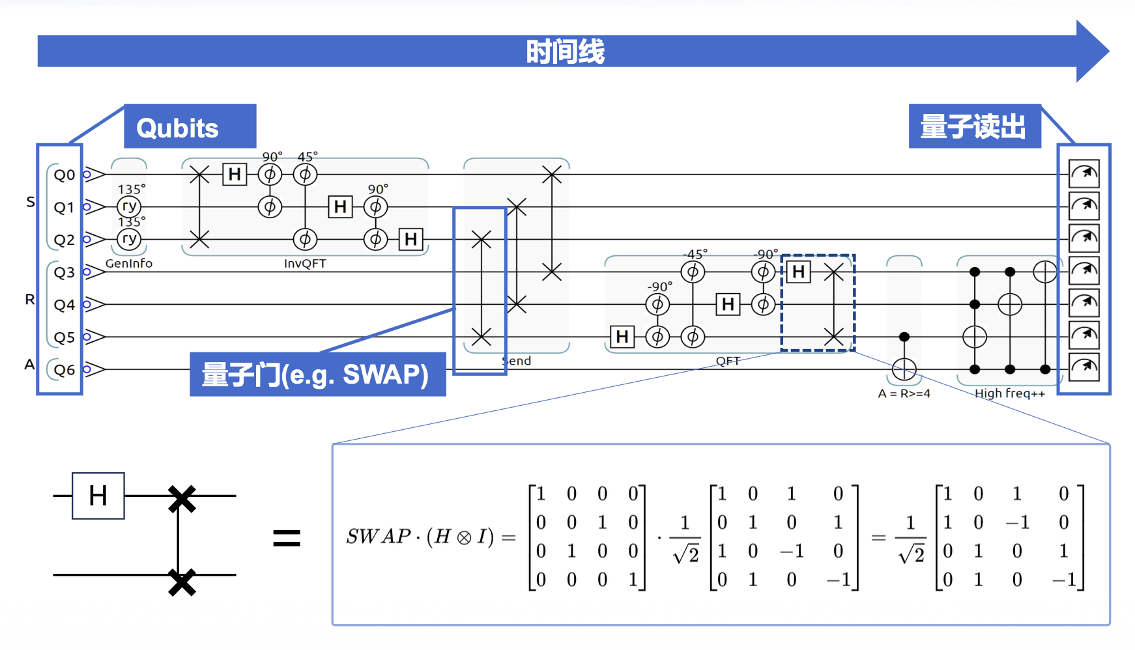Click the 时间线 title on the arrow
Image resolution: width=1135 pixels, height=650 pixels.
click(x=565, y=51)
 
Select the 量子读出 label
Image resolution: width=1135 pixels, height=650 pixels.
click(x=973, y=126)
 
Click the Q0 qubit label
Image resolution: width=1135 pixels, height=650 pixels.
click(x=65, y=175)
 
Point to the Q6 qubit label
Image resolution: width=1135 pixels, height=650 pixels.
click(x=65, y=370)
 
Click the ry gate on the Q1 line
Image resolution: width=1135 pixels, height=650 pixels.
click(x=129, y=206)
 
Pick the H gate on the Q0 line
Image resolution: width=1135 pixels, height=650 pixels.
click(x=235, y=174)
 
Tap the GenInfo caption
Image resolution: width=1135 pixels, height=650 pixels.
click(x=129, y=263)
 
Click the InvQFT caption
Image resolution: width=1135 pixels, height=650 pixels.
click(x=305, y=263)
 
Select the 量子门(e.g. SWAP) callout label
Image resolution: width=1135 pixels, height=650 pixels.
click(x=317, y=374)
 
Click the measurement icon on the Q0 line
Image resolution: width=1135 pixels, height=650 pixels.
click(x=1084, y=174)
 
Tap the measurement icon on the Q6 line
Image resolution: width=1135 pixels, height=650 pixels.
click(x=1084, y=367)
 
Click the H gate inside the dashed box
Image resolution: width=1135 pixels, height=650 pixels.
click(x=798, y=272)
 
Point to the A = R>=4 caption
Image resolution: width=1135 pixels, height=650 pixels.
click(x=904, y=393)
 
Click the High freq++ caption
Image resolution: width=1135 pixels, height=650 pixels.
click(x=1009, y=393)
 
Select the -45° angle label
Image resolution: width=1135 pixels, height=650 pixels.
click(x=695, y=254)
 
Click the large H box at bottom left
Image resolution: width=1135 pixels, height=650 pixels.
click(x=98, y=496)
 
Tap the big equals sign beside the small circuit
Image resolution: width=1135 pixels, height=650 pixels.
click(x=287, y=538)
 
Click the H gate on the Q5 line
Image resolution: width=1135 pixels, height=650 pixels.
click(x=622, y=337)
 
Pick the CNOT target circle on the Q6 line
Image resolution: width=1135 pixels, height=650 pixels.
click(x=904, y=369)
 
